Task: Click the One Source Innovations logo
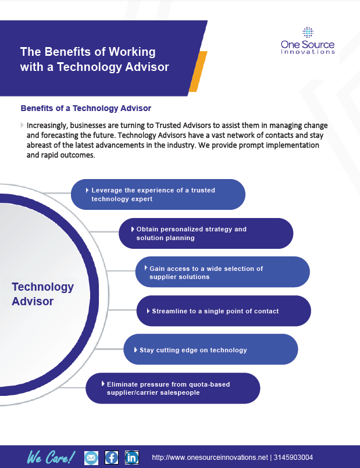pos(308,41)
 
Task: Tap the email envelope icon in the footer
pos(91,458)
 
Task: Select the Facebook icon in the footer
pos(112,458)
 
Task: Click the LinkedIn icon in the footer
pos(131,458)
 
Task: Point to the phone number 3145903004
pos(293,458)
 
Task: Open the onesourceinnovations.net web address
pos(210,458)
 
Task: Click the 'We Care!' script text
pos(51,457)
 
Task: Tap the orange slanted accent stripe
pos(198,72)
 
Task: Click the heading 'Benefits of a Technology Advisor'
pos(85,108)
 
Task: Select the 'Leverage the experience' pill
pos(158,194)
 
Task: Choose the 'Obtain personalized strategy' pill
pos(206,233)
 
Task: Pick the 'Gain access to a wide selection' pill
pos(222,272)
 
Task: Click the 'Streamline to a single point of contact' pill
pos(223,310)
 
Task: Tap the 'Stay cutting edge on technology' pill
pos(211,349)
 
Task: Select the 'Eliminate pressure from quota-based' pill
pos(173,388)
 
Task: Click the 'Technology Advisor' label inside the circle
pos(42,294)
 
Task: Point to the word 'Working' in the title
pos(132,52)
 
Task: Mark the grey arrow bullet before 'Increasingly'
pos(22,125)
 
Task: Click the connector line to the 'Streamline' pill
pos(122,310)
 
